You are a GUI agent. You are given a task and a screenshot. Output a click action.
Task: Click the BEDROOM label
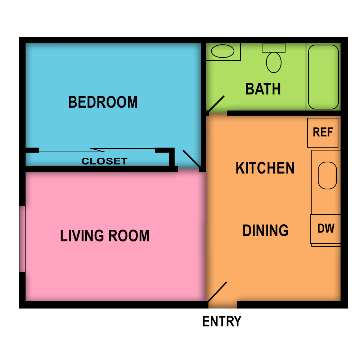tap(103, 102)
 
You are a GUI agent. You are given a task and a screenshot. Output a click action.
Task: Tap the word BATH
tap(263, 89)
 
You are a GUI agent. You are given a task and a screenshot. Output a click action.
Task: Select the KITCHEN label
tap(265, 168)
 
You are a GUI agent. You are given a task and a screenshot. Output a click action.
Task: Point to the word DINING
tap(265, 230)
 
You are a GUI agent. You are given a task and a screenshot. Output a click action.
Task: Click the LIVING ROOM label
tap(104, 236)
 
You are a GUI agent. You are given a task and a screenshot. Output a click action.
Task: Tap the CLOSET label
tap(104, 161)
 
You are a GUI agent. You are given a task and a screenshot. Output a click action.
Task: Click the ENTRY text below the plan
tap(222, 321)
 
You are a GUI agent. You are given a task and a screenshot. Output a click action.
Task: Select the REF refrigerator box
tap(323, 132)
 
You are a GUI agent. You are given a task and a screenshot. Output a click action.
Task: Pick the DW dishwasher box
tap(326, 229)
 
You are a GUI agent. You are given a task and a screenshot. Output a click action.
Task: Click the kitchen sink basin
tap(327, 175)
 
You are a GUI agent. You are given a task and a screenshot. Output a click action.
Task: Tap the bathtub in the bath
tap(323, 77)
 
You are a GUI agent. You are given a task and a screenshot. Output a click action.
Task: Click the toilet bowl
tap(274, 62)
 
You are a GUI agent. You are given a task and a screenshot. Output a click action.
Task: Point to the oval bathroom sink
tap(222, 51)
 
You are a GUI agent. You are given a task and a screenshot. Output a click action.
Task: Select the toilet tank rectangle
tap(274, 48)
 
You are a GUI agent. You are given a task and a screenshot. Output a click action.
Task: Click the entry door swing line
tap(217, 292)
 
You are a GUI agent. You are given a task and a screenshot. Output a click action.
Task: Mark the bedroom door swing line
tap(192, 159)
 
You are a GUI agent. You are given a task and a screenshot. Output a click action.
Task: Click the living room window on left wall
tap(22, 239)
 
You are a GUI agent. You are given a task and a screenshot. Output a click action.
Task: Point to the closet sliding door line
tap(97, 150)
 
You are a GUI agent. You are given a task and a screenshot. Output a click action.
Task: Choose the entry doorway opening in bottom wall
tap(222, 305)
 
